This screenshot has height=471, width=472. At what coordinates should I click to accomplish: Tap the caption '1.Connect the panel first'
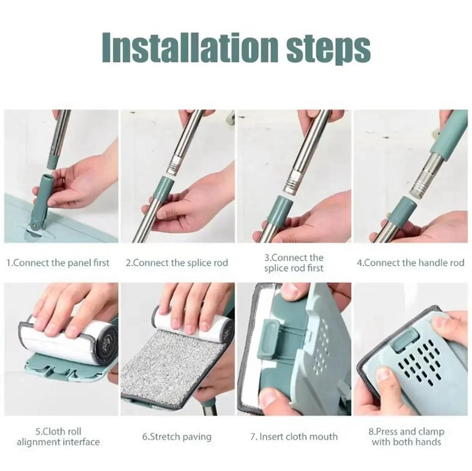point(58,263)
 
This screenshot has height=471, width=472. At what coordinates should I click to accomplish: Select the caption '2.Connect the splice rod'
point(177,263)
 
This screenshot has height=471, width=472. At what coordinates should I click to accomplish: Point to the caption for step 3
point(294,263)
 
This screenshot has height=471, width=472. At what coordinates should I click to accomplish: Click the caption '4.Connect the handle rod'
point(410,263)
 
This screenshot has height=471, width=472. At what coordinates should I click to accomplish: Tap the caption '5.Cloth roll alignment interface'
point(59,437)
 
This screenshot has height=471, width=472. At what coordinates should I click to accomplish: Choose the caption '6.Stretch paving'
point(177,437)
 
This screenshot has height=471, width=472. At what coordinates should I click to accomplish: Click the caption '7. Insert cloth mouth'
point(294,437)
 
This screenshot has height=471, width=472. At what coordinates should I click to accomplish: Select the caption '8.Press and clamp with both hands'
point(406,437)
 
